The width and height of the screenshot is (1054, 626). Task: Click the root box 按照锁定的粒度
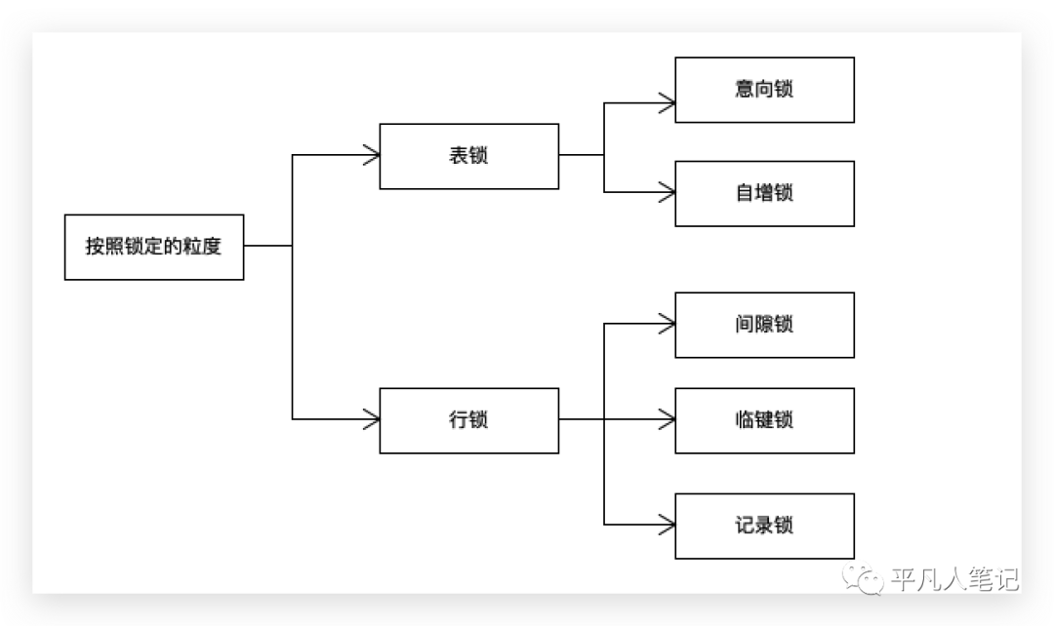click(154, 247)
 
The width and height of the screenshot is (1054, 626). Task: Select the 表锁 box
click(468, 156)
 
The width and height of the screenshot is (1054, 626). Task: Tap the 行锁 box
click(468, 420)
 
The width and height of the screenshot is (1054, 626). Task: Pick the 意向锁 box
click(764, 90)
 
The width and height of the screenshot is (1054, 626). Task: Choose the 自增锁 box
click(764, 193)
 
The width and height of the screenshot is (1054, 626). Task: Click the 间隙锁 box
click(764, 325)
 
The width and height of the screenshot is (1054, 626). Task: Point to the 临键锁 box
click(764, 420)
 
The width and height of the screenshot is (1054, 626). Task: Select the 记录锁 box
click(764, 526)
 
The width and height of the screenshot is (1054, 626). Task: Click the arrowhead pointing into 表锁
click(371, 155)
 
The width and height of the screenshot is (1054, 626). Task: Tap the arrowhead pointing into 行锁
click(371, 420)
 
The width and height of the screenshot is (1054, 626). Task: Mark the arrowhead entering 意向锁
click(668, 99)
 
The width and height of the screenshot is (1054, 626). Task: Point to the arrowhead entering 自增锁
click(668, 192)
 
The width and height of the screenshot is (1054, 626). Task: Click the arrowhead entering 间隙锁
click(668, 324)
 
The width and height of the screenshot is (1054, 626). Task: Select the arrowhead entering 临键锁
click(668, 420)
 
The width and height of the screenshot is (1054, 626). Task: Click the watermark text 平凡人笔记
click(954, 580)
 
